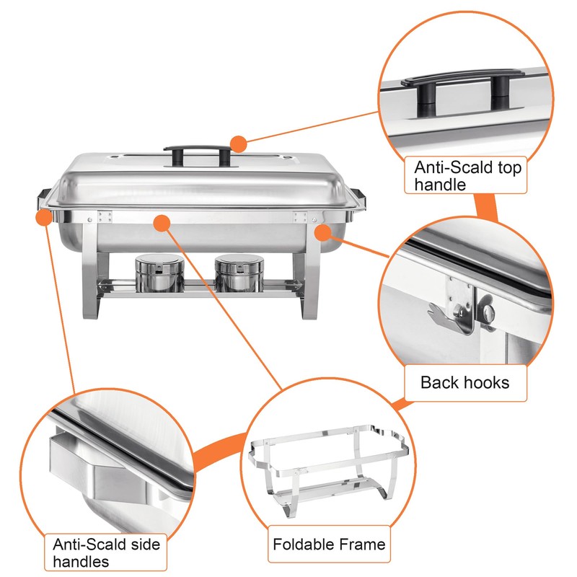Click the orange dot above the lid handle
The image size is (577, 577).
pyautogui.click(x=239, y=143)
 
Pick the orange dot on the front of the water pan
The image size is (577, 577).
pyautogui.click(x=163, y=222)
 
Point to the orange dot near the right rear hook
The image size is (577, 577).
pyautogui.click(x=323, y=231)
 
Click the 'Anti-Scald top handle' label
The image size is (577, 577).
pyautogui.click(x=467, y=176)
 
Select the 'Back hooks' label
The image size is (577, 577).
pyautogui.click(x=464, y=382)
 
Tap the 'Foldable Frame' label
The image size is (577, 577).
pyautogui.click(x=329, y=544)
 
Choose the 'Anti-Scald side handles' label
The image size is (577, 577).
pyautogui.click(x=106, y=552)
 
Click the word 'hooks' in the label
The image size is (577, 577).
pyautogui.click(x=487, y=382)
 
